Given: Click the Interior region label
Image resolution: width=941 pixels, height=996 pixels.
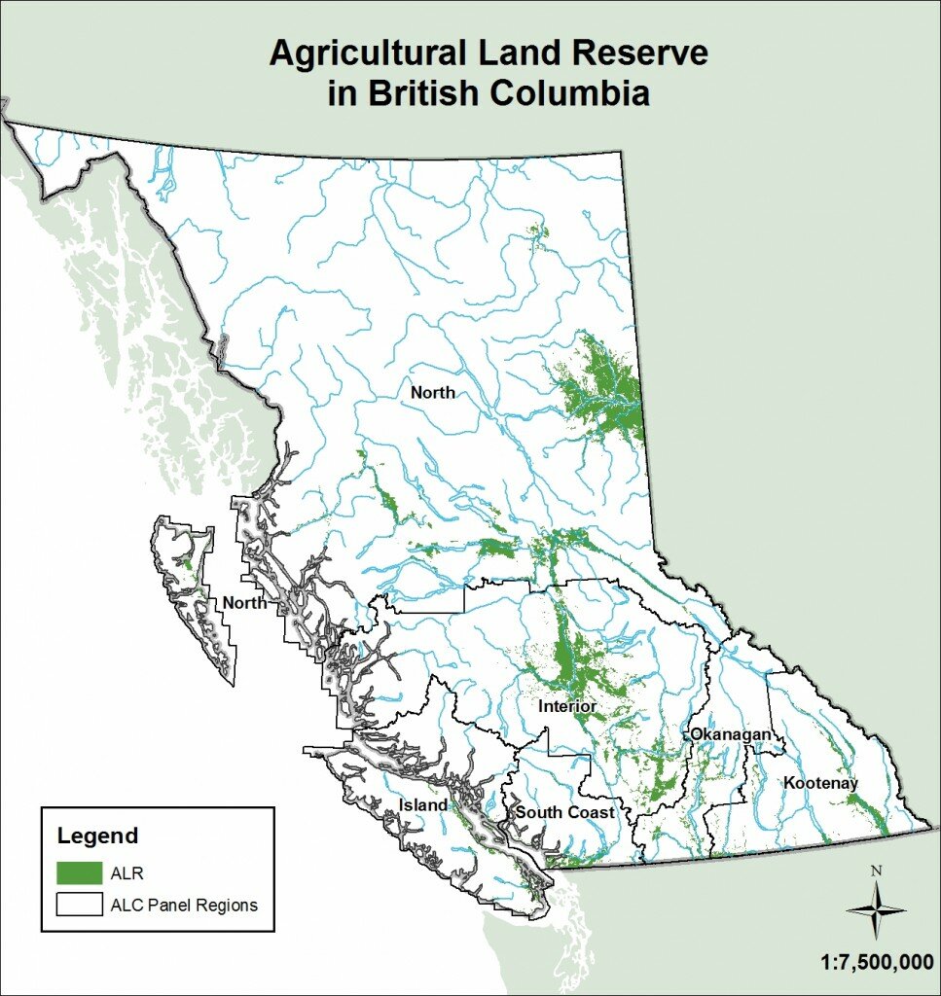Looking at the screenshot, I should click(x=567, y=706).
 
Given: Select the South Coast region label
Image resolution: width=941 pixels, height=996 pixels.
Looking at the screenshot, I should click(x=564, y=812).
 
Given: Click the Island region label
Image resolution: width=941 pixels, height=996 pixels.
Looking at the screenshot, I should click(x=423, y=804).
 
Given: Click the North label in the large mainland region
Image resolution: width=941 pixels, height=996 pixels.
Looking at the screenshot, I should click(x=432, y=393).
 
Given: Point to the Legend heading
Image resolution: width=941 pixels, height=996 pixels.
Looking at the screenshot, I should click(x=97, y=836).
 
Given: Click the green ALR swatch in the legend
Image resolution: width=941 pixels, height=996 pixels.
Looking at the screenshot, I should click(x=79, y=871).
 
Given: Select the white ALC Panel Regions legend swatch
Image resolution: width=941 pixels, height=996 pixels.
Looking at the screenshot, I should click(x=79, y=905).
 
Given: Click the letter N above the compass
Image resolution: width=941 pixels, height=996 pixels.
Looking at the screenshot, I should click(x=876, y=871).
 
